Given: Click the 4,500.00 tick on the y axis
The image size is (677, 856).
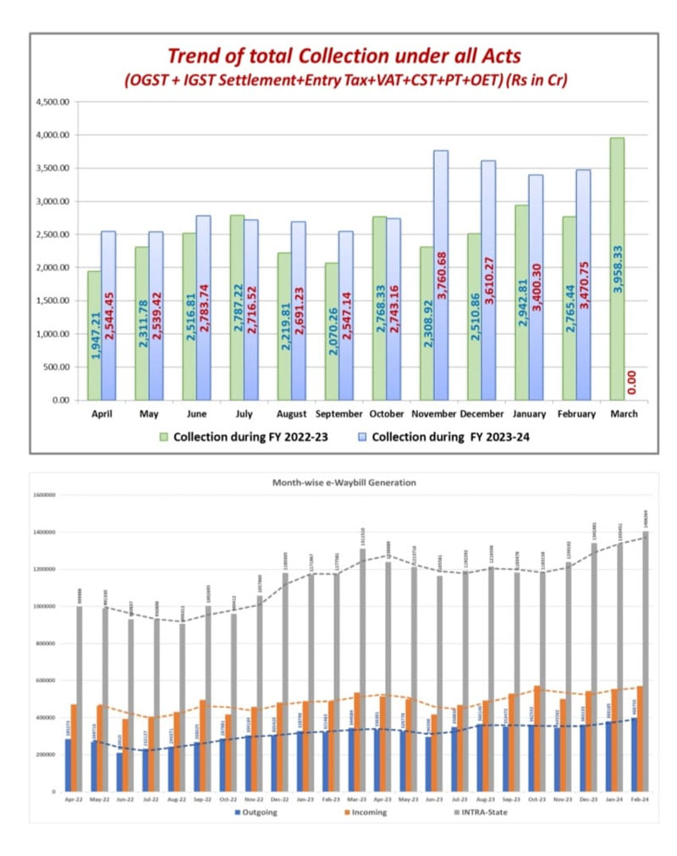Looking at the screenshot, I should click(53, 102).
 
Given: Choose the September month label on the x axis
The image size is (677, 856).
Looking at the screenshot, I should click(338, 414).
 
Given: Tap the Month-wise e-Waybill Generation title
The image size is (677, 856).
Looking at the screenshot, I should click(343, 482).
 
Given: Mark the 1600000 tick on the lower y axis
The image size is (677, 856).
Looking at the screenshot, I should click(44, 495).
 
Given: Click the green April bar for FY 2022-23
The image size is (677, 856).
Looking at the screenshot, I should click(94, 335).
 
